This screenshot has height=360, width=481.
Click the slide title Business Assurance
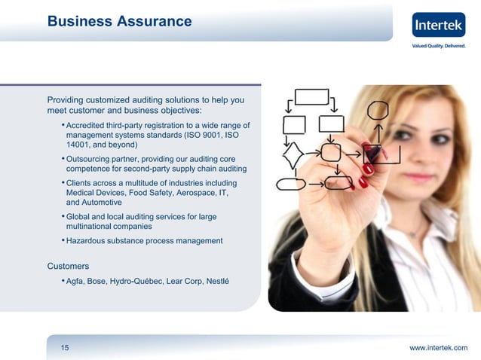point(119,22)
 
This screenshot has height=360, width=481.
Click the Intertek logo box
point(439,25)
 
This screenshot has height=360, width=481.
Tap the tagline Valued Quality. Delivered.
point(439,46)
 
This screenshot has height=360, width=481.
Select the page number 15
point(65,347)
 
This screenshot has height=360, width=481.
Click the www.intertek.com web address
point(438,347)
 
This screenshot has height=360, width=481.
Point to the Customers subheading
point(68,266)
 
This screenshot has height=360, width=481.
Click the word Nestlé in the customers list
point(216,282)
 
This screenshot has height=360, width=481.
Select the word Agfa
point(75,282)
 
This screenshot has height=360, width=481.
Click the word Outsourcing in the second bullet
point(92,159)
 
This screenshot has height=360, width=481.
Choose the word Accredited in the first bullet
point(90,125)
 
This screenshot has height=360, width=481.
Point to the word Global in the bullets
point(79,217)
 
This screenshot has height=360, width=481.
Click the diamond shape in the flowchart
point(293,155)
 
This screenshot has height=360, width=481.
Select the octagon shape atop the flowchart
point(378,110)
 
